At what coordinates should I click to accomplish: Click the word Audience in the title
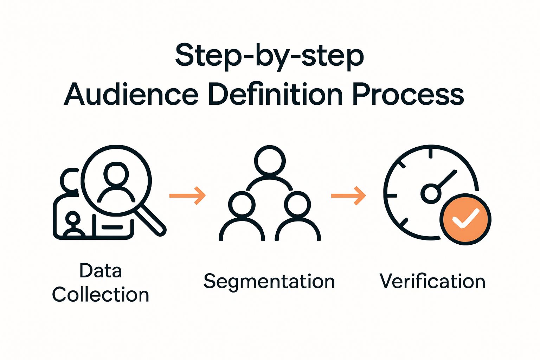click(x=131, y=94)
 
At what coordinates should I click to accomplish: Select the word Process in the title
click(x=408, y=94)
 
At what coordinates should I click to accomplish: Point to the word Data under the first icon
click(x=101, y=271)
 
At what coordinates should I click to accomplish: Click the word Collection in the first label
click(x=101, y=295)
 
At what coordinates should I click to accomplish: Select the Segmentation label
click(x=269, y=282)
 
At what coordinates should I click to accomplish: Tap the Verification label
click(x=432, y=282)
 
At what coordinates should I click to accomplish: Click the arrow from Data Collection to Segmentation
click(x=187, y=195)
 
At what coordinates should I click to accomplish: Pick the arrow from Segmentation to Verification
click(x=348, y=195)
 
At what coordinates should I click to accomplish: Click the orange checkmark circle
click(x=465, y=219)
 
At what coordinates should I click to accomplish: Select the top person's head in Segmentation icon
click(x=270, y=161)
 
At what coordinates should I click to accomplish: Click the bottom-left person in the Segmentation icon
click(x=242, y=218)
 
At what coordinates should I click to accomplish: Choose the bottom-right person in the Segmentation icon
click(x=298, y=218)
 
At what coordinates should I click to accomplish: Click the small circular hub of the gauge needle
click(x=431, y=193)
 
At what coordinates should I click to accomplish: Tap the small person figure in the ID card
click(x=73, y=224)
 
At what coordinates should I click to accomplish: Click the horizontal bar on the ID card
click(x=112, y=227)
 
